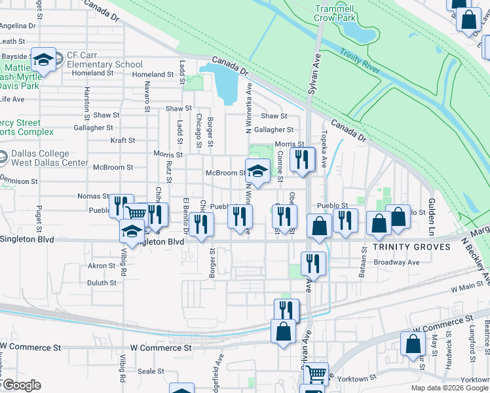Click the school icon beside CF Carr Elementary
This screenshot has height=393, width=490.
44,60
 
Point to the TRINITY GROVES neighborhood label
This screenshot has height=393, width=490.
411,247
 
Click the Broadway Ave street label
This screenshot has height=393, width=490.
397,262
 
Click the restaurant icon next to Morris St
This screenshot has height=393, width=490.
302,160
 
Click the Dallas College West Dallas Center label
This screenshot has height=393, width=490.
49,158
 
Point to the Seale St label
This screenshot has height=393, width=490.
151,371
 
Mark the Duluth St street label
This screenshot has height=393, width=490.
102,283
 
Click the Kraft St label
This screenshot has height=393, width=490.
122,140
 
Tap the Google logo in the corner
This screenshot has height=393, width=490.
21,385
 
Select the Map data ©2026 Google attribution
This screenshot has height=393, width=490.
449,388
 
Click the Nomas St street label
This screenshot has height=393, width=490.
93,196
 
